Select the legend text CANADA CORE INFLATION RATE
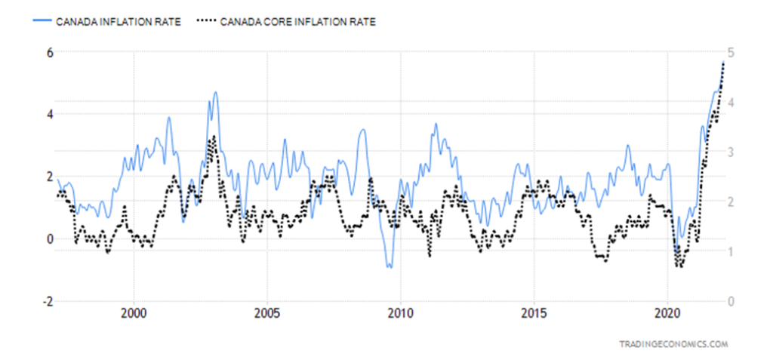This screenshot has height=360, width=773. pos(297,21)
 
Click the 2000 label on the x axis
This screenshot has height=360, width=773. pos(134,313)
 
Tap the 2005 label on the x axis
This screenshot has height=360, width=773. pos(267,313)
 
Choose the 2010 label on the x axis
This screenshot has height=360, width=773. pos(401,313)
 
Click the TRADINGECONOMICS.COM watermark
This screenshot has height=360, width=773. pos(673,343)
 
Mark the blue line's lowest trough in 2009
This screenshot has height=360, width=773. pos(390,267)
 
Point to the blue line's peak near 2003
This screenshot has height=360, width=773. pos(215,92)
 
